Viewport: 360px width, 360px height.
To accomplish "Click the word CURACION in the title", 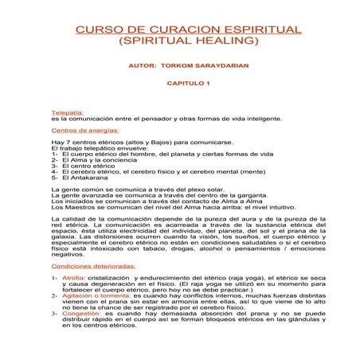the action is (166, 29).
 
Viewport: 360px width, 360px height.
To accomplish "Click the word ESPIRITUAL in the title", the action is (254, 29).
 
